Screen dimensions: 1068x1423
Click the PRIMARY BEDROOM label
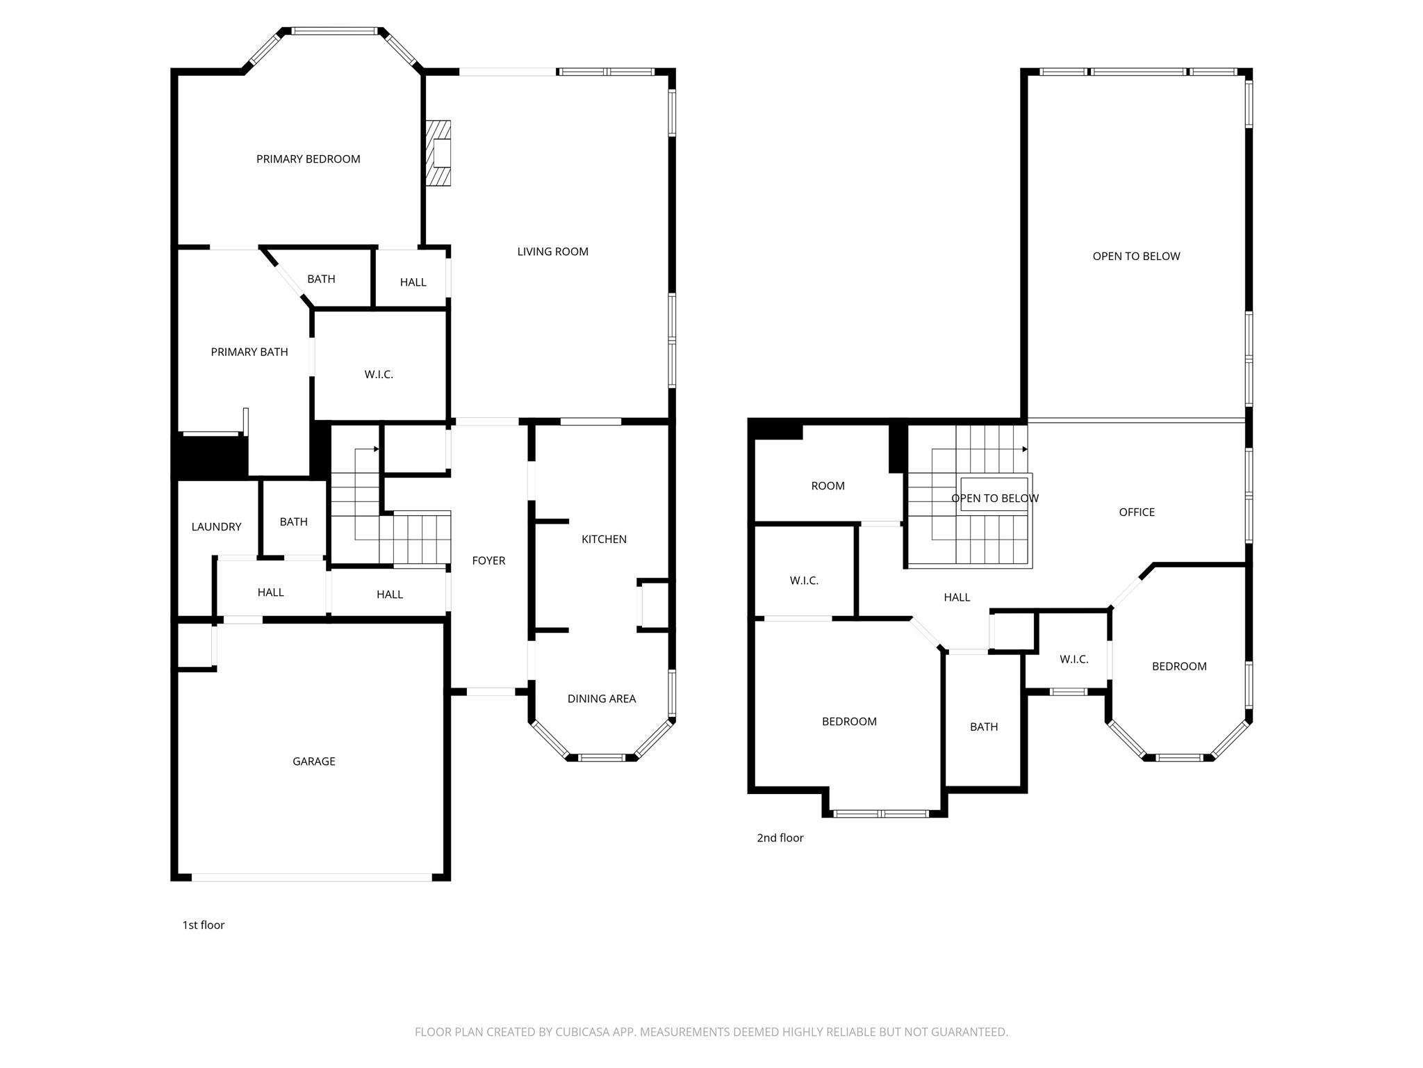tap(308, 159)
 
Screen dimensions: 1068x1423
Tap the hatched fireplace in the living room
tap(438, 153)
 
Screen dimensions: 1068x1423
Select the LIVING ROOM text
tap(552, 252)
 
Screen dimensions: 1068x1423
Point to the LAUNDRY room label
tap(216, 527)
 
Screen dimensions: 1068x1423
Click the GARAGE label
tap(313, 761)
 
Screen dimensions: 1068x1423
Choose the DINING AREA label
tap(601, 699)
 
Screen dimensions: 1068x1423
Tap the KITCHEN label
tap(604, 539)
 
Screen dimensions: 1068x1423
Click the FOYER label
tap(488, 560)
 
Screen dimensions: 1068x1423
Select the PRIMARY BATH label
tap(249, 352)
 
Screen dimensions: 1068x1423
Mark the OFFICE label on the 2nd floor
tap(1137, 512)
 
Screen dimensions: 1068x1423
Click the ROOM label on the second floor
tap(828, 486)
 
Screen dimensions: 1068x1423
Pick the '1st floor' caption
tap(204, 925)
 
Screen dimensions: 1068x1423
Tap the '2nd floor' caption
tap(780, 838)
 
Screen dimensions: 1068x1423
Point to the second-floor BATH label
tap(983, 727)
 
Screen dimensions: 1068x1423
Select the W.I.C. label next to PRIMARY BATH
tap(379, 374)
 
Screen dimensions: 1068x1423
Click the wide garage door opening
tap(311, 877)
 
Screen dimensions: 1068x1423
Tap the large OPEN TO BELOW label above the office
tap(1136, 256)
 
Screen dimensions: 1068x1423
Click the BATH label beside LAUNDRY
tap(293, 521)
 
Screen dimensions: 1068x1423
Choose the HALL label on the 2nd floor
tap(957, 597)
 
